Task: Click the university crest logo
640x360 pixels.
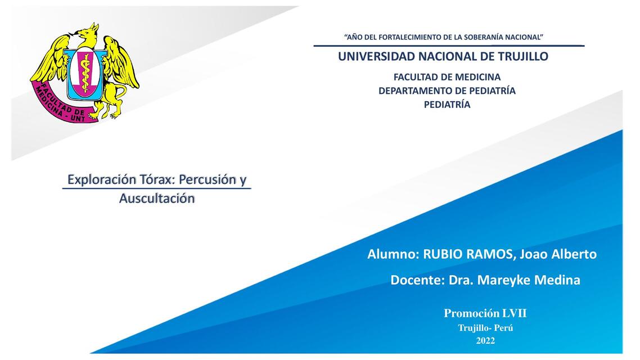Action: point(84,71)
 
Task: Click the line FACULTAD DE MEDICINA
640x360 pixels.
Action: point(447,77)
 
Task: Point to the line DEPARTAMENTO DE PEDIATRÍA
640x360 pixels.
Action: point(447,91)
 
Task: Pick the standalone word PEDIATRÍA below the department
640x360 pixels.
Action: point(447,105)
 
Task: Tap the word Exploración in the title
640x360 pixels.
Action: point(101,179)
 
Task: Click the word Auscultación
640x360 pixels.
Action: point(156,199)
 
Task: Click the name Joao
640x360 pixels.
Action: point(533,254)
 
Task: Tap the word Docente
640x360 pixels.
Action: point(416,280)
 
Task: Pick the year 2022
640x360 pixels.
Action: point(485,340)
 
